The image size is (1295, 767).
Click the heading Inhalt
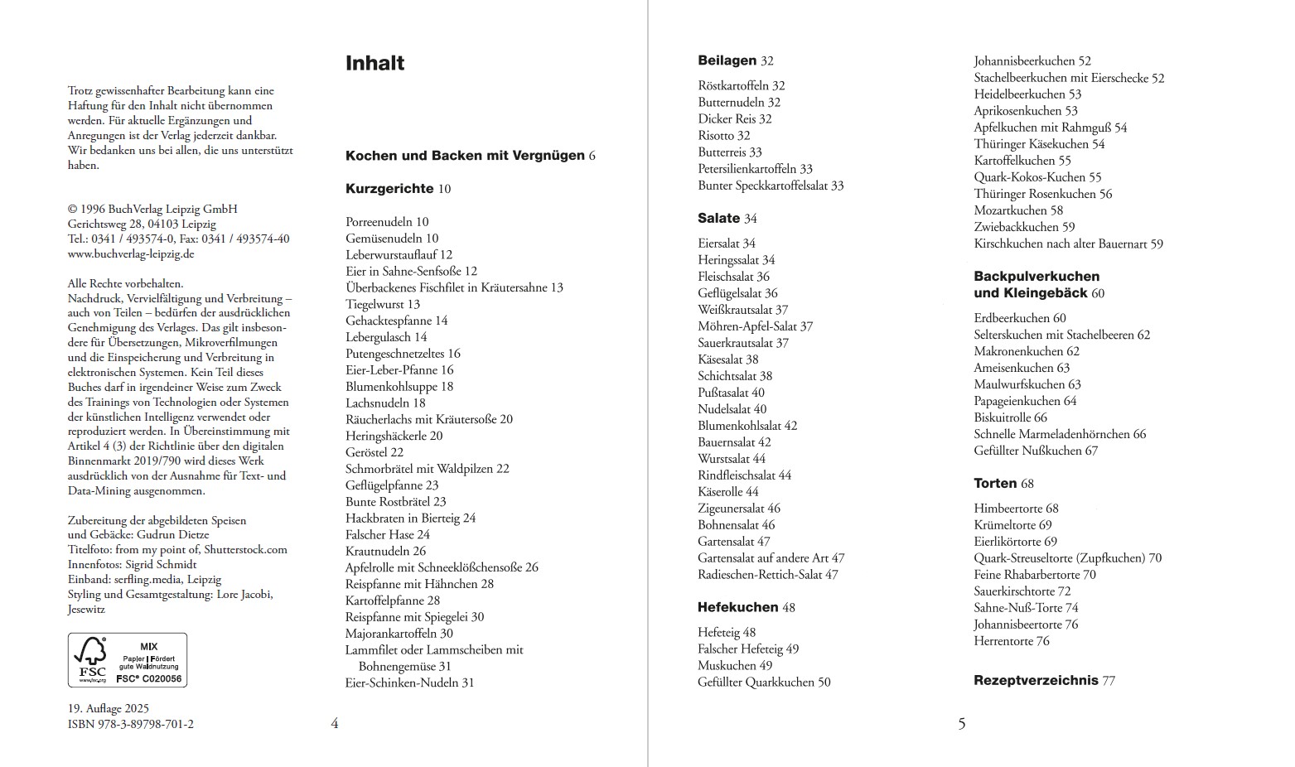[374, 64]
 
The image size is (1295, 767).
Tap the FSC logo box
[128, 660]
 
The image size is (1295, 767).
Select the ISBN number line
[131, 724]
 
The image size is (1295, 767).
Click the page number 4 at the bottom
[335, 724]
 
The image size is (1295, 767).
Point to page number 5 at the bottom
[962, 724]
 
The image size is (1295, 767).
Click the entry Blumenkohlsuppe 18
[399, 387]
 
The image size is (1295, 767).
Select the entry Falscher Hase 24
[388, 535]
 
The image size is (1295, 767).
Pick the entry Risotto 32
[723, 136]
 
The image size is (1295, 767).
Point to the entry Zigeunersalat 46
[738, 509]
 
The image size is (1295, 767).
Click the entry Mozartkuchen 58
[1018, 210]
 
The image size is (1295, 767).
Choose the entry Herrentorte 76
[1012, 641]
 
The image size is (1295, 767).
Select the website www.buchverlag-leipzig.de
[131, 254]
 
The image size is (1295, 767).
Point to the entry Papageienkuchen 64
[1025, 401]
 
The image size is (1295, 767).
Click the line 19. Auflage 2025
[109, 708]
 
